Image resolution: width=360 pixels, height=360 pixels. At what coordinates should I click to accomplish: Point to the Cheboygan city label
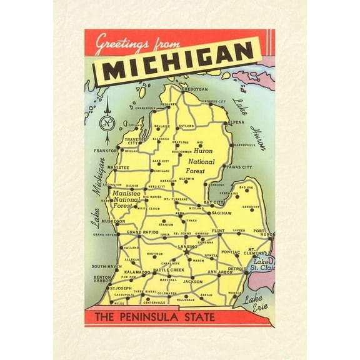194,89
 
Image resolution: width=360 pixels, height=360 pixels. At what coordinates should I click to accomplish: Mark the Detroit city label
237,268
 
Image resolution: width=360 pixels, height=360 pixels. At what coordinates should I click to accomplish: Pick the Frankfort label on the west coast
106,151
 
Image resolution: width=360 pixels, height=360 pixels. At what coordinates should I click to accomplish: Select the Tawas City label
239,167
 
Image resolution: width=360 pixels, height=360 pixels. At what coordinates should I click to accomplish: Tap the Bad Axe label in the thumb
246,187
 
